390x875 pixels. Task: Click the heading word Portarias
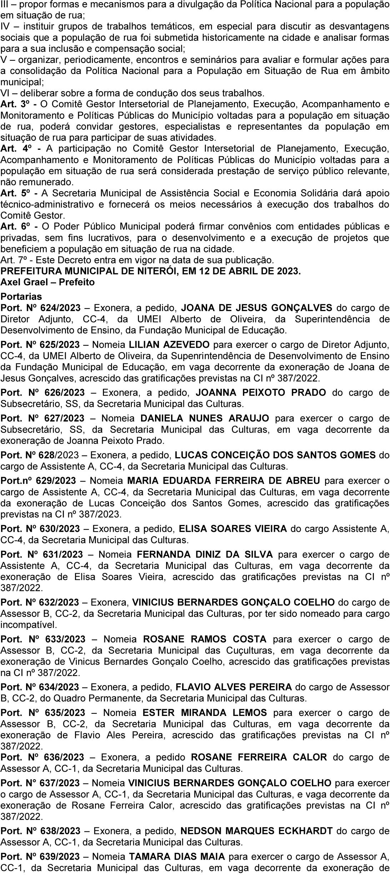21,296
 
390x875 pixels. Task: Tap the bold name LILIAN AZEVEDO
169,345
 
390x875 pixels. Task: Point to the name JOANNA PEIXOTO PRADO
261,392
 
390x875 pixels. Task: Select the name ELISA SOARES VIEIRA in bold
232,528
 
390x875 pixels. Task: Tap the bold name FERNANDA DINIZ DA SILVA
205,554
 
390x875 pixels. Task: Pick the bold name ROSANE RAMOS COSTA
205,639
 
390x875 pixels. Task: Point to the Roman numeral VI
5,93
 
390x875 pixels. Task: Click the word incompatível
29,625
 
